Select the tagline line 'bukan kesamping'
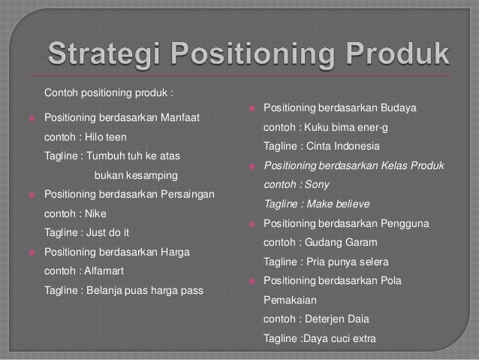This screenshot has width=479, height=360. pyautogui.click(x=136, y=175)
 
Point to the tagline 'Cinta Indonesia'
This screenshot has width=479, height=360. pyautogui.click(x=343, y=145)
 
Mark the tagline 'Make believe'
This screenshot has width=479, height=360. pyautogui.click(x=339, y=204)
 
